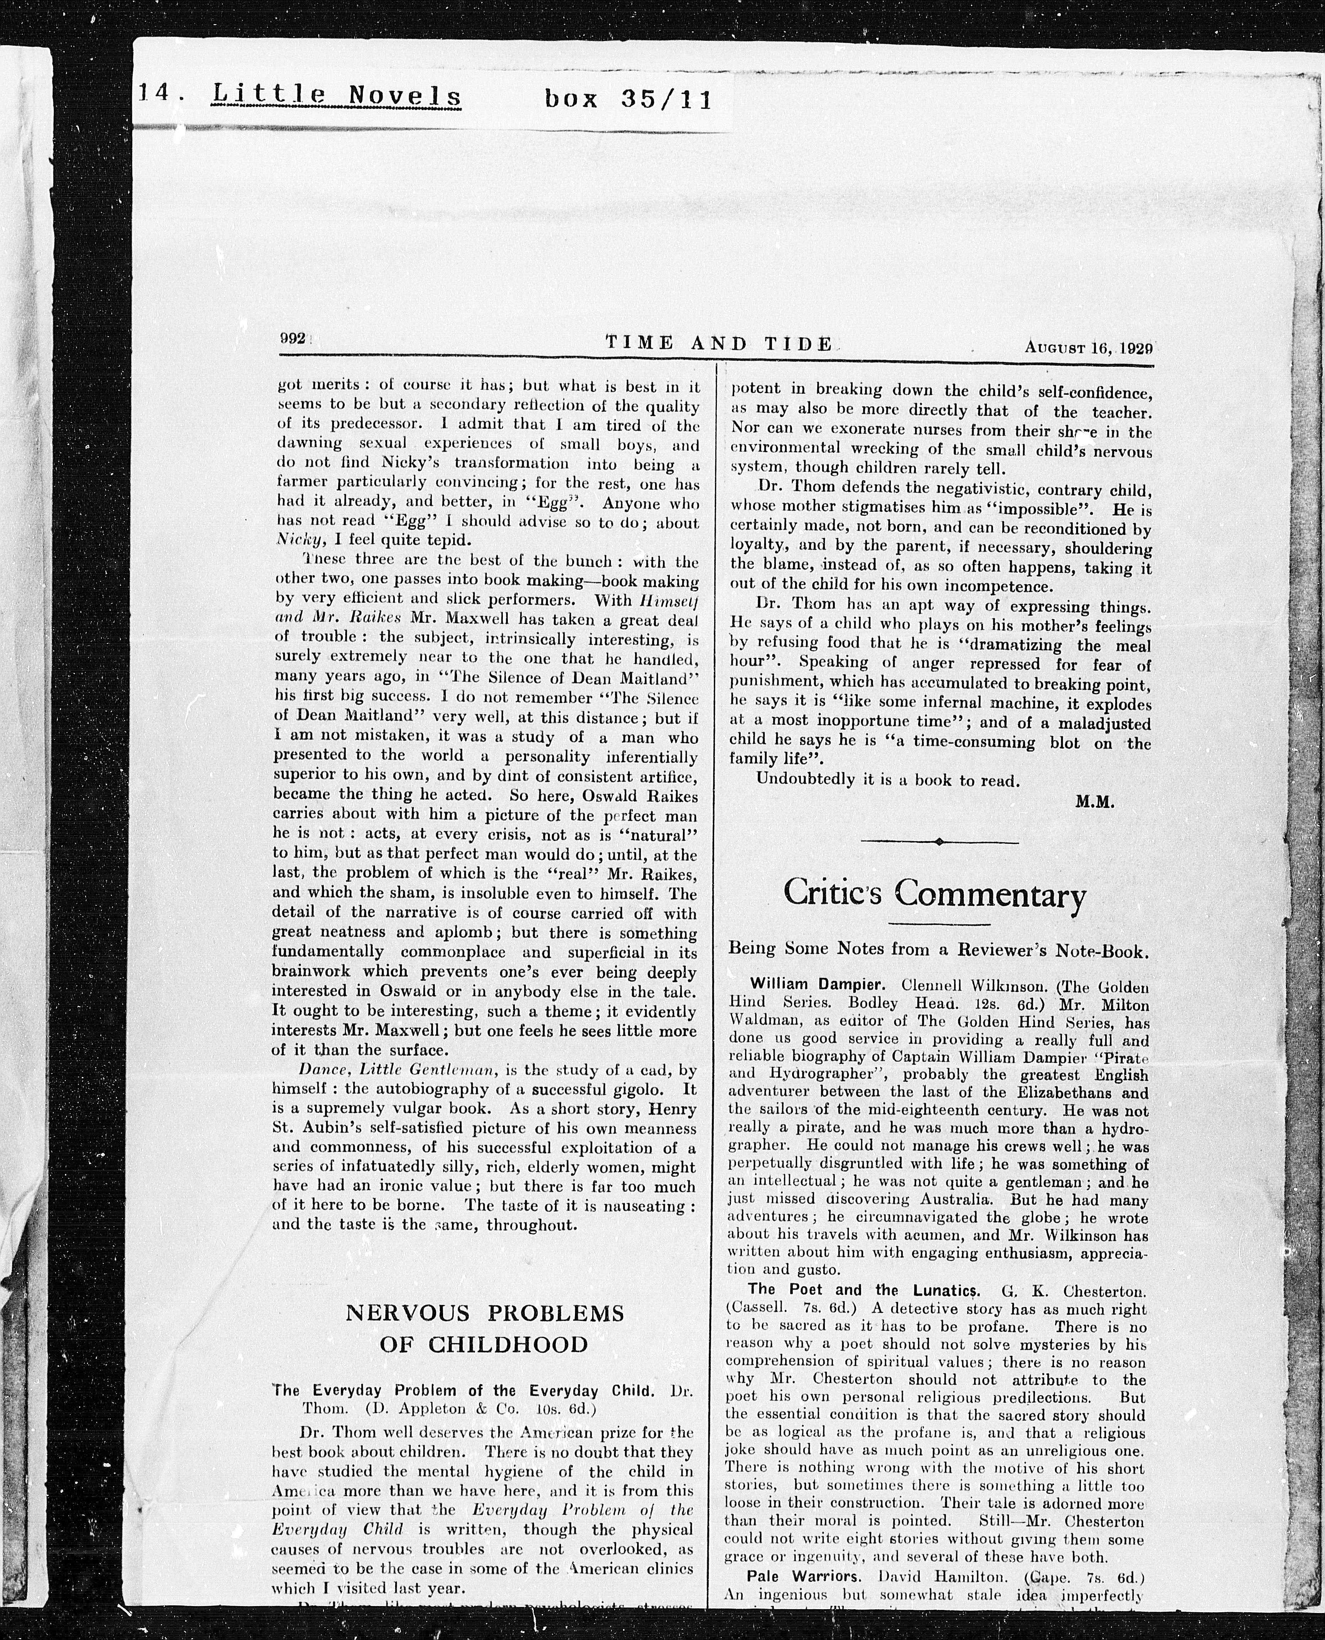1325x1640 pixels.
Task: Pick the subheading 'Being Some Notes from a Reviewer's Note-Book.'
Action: (938, 951)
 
